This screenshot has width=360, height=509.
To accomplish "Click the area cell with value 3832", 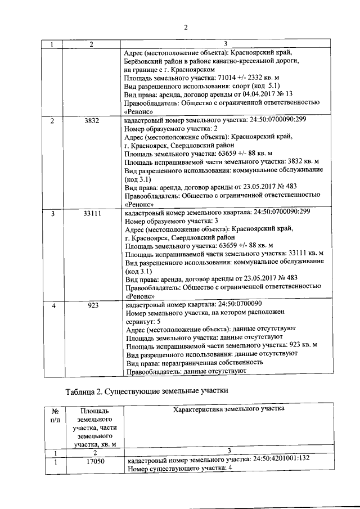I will (91, 121).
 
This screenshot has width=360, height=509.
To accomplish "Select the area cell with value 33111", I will (91, 213).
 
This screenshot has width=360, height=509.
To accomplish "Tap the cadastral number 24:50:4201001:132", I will (281, 460).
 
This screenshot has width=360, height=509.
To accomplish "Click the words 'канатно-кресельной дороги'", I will (259, 59).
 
